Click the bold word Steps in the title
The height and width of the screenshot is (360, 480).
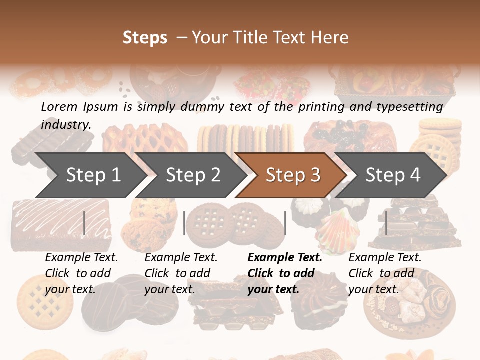(145, 38)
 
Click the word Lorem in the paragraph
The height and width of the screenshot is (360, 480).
(59, 106)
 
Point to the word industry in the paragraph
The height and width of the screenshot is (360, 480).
(66, 124)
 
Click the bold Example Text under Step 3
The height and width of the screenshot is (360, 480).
(285, 258)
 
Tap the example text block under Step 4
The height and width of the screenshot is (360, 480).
(385, 273)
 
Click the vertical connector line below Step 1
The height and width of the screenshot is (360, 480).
(84, 223)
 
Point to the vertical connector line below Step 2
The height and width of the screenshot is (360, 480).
(184, 223)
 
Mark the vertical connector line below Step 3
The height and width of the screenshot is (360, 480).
(285, 223)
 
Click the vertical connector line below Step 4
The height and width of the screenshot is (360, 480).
(386, 223)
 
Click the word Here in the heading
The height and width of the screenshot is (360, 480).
(330, 38)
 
